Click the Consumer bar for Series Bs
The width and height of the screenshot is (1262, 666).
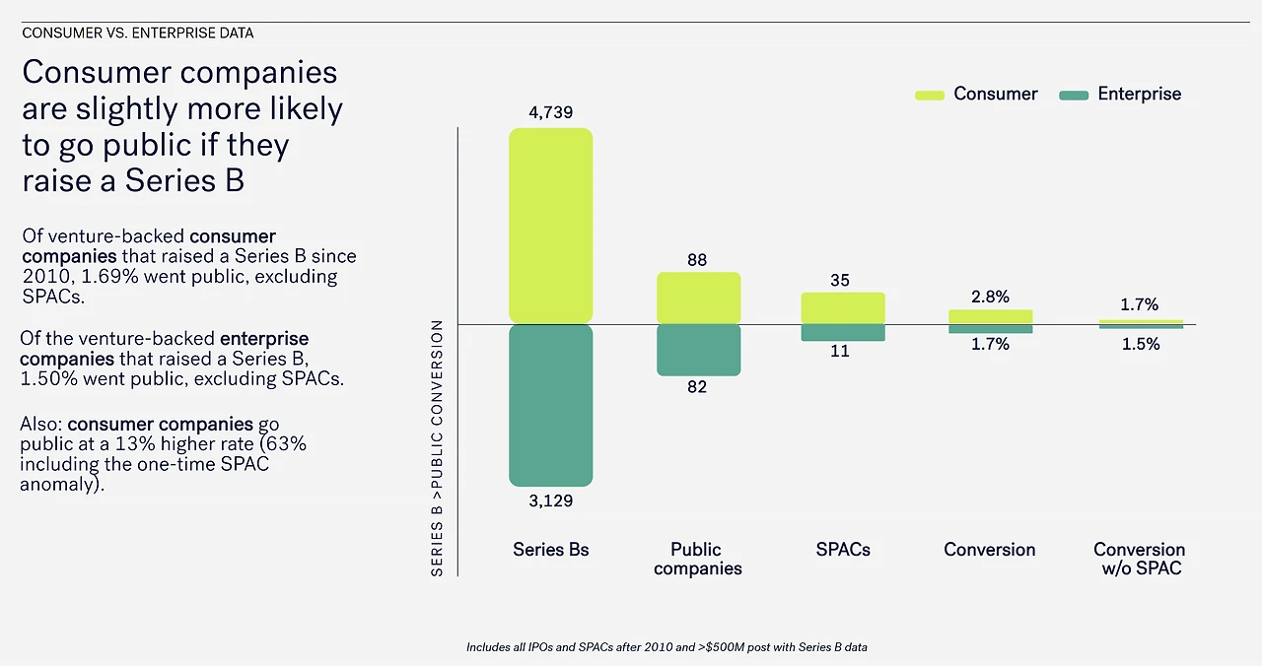(550, 226)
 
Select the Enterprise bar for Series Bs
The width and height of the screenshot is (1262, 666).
(550, 405)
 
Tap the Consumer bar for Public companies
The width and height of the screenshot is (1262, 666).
(698, 298)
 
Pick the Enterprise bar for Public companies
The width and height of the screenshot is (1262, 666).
(698, 350)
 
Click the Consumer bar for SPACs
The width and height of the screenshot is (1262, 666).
(843, 307)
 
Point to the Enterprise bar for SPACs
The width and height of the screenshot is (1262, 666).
(843, 333)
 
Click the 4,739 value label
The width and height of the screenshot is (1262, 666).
(551, 112)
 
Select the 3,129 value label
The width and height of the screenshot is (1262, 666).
(551, 500)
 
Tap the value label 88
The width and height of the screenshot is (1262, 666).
(698, 260)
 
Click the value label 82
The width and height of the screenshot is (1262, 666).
(698, 387)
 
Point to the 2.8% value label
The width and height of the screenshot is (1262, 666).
(990, 297)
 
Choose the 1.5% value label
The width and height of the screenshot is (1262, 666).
(1140, 344)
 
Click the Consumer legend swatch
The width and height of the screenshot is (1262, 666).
(930, 95)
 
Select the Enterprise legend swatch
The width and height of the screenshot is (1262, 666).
(1074, 95)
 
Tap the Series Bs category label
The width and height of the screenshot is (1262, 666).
(551, 550)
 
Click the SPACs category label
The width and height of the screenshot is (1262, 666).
(843, 550)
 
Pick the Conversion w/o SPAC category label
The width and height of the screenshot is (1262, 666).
(1140, 559)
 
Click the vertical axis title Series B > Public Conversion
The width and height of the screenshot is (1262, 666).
(437, 448)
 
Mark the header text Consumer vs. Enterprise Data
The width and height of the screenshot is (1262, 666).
(138, 33)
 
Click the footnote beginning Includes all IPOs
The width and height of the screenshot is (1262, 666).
(666, 647)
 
